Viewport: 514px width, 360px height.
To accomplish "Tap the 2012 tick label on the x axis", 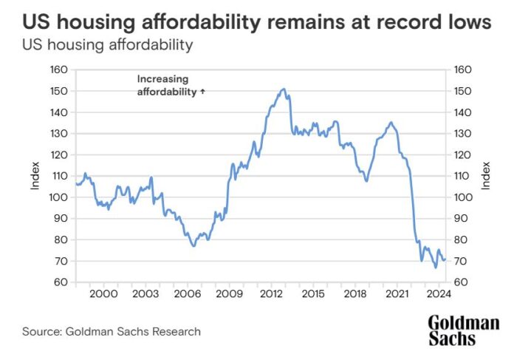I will coord(273,293).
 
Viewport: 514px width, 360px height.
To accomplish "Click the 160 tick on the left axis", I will coord(59,70).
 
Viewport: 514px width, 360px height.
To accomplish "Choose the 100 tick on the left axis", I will coord(59,197).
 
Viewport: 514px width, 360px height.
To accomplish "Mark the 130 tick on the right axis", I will coord(462,134).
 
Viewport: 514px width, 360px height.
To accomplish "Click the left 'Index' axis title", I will coord(35,176).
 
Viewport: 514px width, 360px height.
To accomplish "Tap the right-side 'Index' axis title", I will coord(486,176).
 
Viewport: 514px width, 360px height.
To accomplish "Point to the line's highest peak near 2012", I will coord(284,89).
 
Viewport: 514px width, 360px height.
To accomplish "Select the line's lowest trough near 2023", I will coord(436,268).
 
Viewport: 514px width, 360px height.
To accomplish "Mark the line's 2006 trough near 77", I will coord(193,246).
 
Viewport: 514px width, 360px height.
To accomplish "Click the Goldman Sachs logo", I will coord(463,330).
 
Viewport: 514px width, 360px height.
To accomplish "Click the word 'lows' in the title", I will coord(470,23).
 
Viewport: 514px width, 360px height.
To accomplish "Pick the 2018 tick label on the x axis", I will coord(357,293).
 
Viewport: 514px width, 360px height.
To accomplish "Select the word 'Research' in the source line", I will coord(175,332).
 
